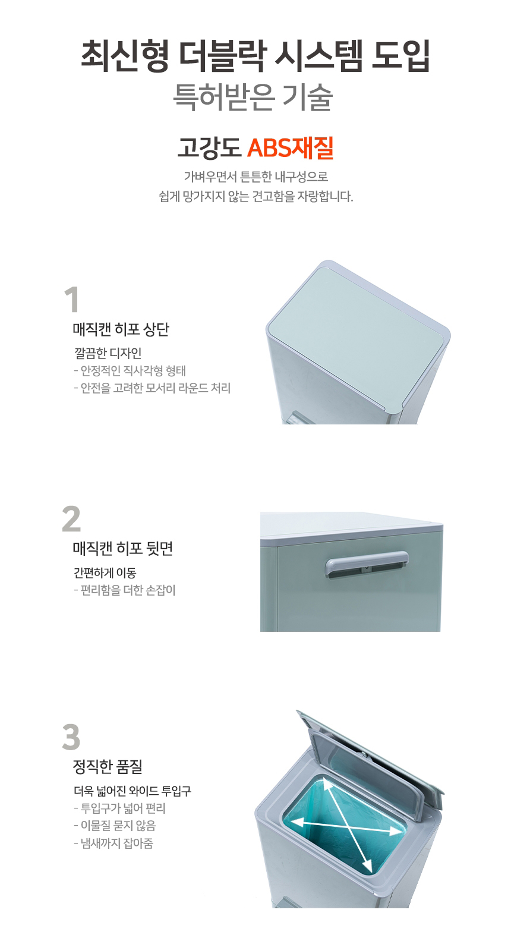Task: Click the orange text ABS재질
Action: [x=290, y=148]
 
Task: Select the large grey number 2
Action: [x=71, y=518]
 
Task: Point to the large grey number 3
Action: [x=71, y=737]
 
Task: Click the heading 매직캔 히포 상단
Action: [x=121, y=329]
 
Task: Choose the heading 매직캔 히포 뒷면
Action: [x=122, y=548]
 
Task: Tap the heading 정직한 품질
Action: [x=108, y=767]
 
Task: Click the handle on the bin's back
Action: [x=367, y=564]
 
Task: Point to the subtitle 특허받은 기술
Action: [x=253, y=97]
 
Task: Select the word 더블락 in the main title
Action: [x=223, y=55]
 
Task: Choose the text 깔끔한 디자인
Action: [x=108, y=353]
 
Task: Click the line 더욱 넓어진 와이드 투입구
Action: [x=133, y=791]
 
